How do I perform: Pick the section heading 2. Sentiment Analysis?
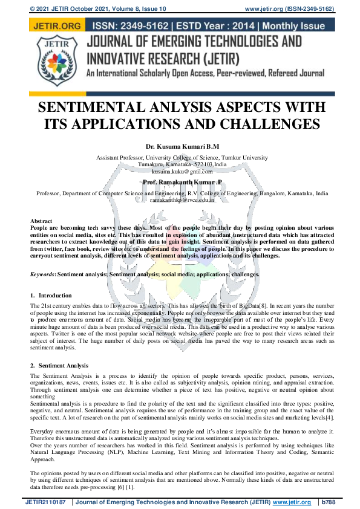(x=59, y=366)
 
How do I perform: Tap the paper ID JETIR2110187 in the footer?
(x=45, y=502)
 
